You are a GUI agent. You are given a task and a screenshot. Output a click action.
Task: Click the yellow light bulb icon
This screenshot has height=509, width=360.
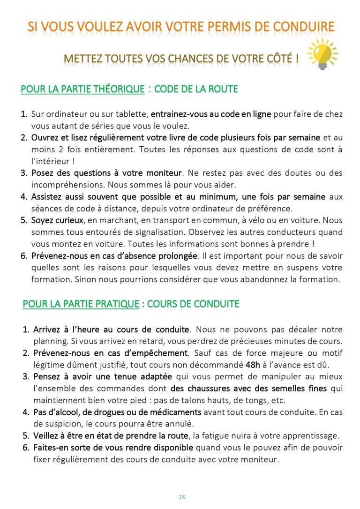(x=322, y=54)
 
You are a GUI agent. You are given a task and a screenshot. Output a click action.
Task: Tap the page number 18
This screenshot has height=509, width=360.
(x=181, y=497)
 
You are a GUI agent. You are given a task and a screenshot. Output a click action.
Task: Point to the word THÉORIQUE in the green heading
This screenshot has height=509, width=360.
(x=117, y=89)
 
